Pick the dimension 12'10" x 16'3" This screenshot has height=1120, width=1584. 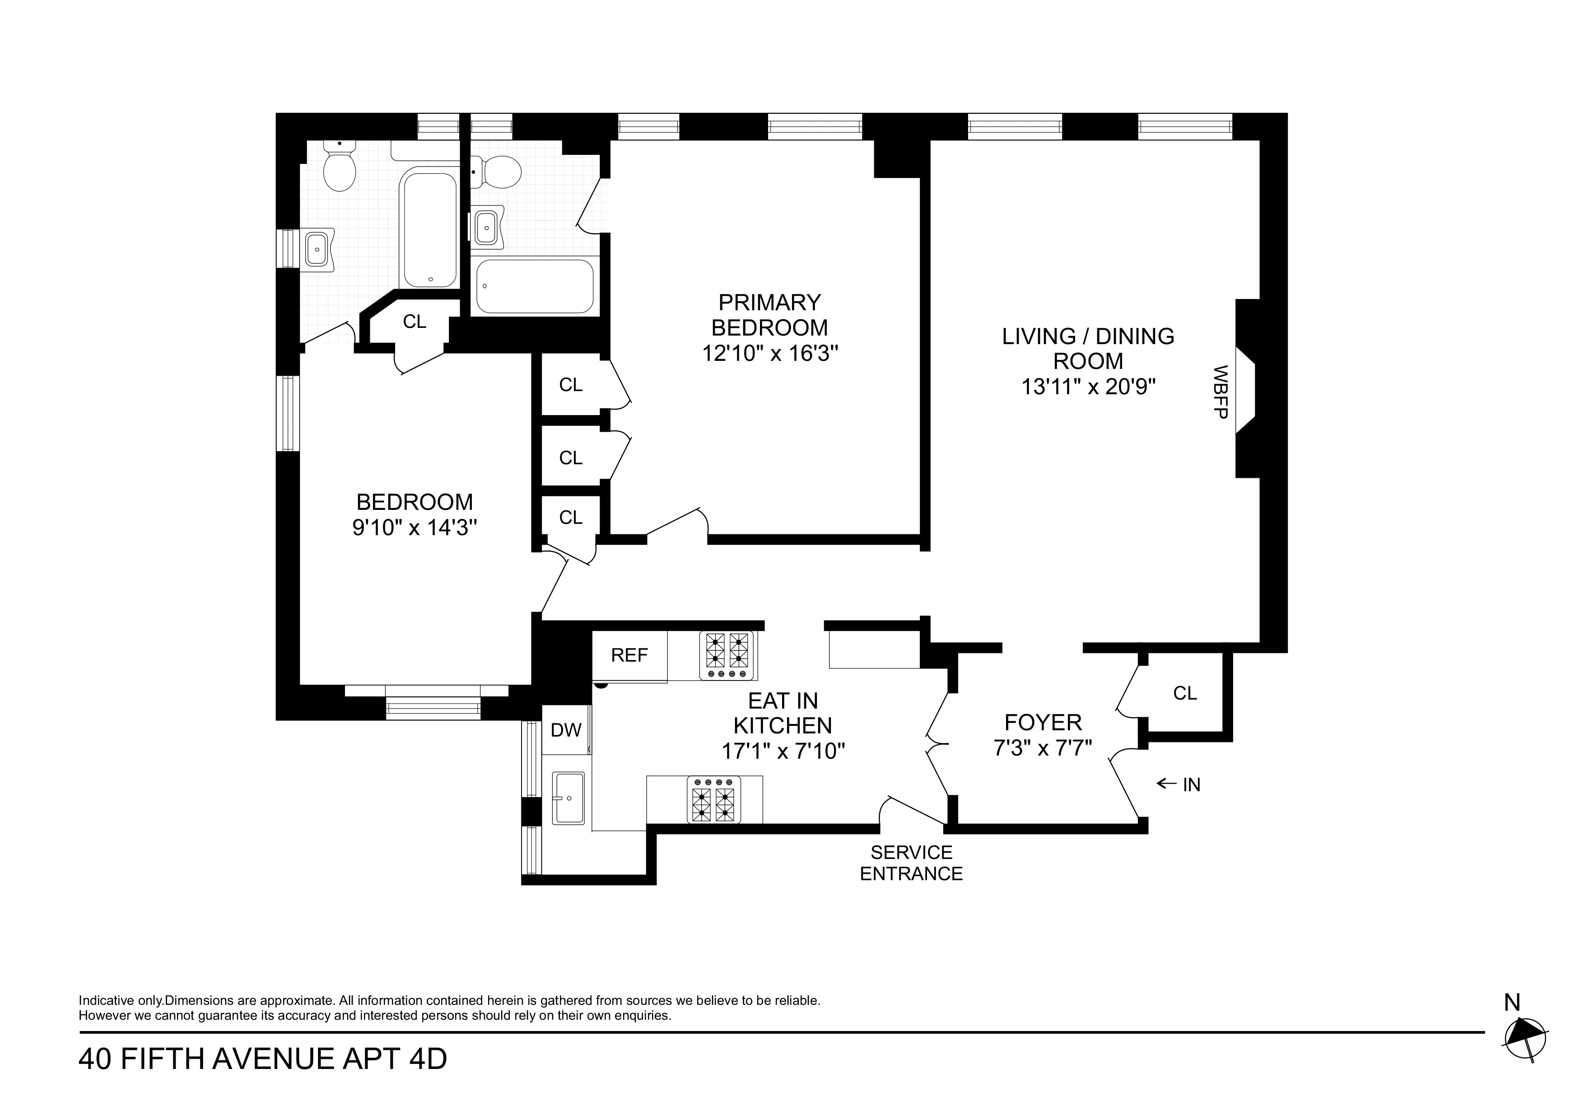point(769,353)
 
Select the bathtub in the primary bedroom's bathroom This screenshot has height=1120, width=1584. point(535,286)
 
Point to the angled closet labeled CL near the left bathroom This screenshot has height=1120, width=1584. point(414,322)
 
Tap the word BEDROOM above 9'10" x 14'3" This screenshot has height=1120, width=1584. point(414,502)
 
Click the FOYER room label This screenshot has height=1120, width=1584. point(1043,723)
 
